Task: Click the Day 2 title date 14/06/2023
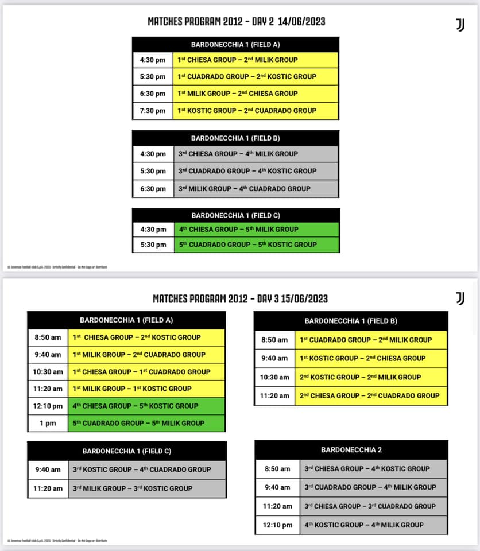tap(301, 21)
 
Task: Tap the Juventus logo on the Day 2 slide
tap(460, 25)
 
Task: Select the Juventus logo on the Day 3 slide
tap(460, 298)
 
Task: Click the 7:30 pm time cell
tap(152, 111)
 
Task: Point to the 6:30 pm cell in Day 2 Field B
tap(152, 188)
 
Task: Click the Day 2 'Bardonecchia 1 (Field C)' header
tap(235, 215)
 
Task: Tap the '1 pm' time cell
tap(48, 423)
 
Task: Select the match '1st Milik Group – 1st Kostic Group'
tap(132, 389)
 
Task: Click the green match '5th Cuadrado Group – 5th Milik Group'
tap(138, 423)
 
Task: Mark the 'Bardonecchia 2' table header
tap(351, 449)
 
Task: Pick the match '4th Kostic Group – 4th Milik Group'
tap(364, 525)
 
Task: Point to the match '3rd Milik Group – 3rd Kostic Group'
tap(133, 488)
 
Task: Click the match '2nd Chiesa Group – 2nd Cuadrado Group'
tap(370, 395)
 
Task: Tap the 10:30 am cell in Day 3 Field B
tap(274, 377)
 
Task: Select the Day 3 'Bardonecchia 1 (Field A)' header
tap(126, 320)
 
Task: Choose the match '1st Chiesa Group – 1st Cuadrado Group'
tap(141, 371)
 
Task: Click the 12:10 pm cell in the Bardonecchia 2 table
tap(277, 525)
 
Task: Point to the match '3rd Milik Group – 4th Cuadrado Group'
tap(244, 188)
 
